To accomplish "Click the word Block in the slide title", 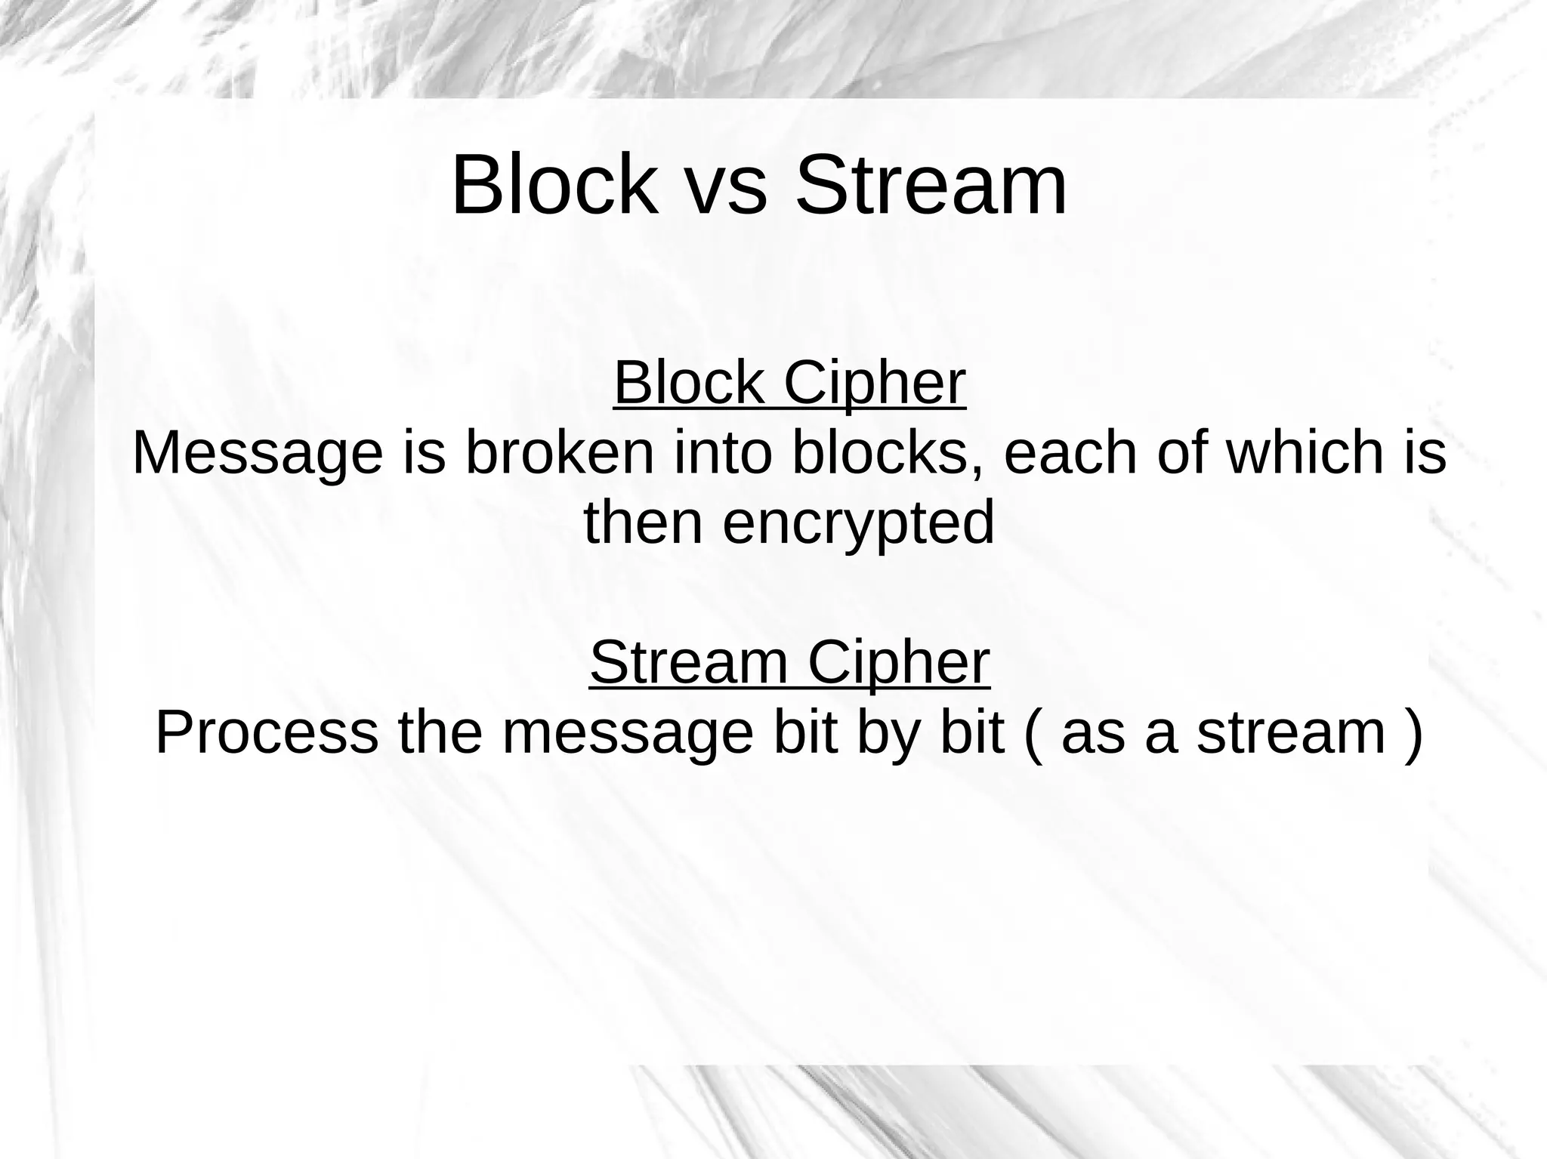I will coord(554,185).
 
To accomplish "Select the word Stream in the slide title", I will coord(931,185).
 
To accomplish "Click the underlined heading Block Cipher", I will coord(789,383).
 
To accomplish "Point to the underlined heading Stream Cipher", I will coord(789,662).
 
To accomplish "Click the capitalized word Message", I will coord(258,453).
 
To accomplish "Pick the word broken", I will coord(560,453).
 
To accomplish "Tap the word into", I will coord(723,453).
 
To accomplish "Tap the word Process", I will coord(267,732).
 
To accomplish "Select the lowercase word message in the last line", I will coord(628,732).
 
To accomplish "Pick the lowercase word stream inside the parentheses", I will coord(1291,732).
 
